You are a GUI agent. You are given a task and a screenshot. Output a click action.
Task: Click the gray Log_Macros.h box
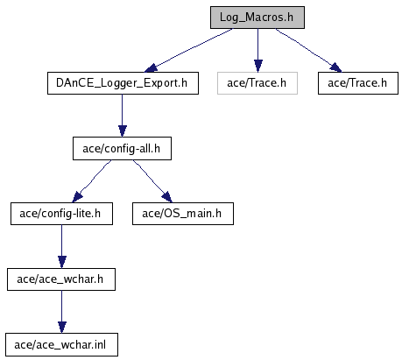pos(257,18)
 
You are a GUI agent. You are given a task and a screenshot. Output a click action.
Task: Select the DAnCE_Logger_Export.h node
pos(123,83)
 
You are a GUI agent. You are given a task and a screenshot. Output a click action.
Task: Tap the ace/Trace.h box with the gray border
pos(257,83)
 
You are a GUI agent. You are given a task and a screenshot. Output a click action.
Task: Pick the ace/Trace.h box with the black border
pos(358,83)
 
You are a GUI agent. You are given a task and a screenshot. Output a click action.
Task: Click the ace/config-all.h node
pos(122,148)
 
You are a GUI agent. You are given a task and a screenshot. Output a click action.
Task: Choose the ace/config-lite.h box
pos(61,214)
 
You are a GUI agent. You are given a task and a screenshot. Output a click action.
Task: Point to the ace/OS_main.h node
pos(183,214)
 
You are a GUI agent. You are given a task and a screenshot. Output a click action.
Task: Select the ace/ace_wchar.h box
pos(61,279)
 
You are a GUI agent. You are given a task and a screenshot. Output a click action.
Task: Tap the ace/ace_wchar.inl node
pos(61,344)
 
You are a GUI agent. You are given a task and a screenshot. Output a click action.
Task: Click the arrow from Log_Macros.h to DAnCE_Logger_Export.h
pos(188,50)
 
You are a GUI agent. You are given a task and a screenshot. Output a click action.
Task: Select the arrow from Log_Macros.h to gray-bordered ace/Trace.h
pos(257,50)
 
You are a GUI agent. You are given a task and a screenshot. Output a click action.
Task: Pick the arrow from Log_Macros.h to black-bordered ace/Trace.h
pos(308,50)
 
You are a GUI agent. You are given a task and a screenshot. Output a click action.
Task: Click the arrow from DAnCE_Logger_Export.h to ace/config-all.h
pos(123,116)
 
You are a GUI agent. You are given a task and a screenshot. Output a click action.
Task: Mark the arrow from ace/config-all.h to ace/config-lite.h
pos(91,181)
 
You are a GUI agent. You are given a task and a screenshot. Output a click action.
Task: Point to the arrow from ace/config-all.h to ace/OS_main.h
pos(152,181)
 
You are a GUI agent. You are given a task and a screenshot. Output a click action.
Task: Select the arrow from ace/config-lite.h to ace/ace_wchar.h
pos(61,246)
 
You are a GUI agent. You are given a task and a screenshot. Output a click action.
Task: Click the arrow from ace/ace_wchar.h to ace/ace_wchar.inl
pos(61,312)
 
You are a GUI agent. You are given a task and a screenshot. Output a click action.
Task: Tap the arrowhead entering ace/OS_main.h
pos(166,197)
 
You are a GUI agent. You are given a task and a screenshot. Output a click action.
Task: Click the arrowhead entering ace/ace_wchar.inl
pos(61,328)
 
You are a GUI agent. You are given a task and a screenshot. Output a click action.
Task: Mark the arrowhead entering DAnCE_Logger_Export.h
pos(151,68)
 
